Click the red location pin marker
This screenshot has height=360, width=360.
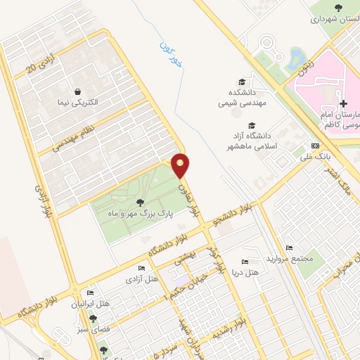pos(181,165)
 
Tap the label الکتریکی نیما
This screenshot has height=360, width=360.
pos(79,102)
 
